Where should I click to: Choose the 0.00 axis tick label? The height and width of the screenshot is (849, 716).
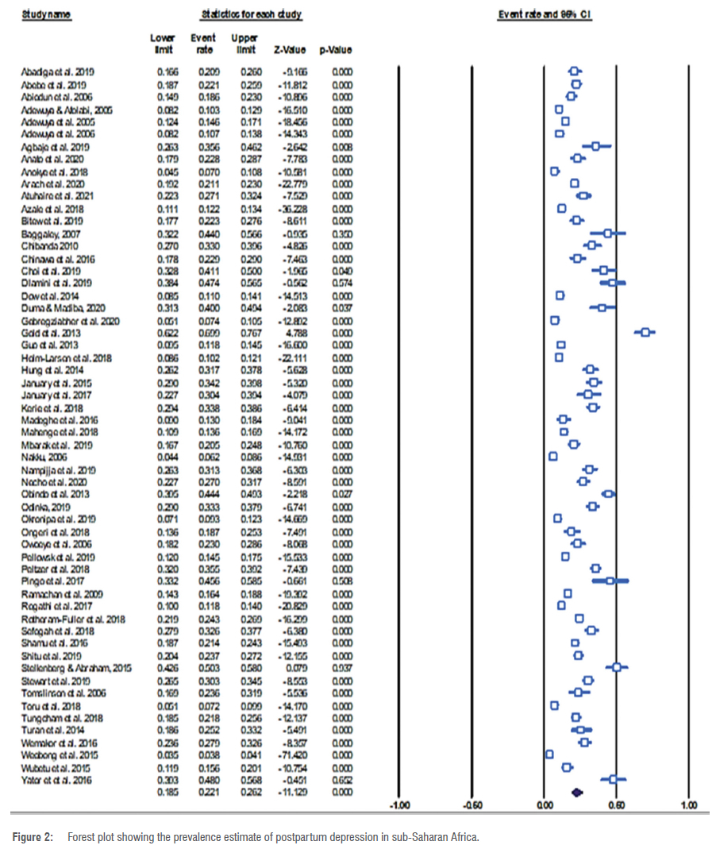click(545, 805)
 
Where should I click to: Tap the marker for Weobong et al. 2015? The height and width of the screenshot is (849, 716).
click(549, 754)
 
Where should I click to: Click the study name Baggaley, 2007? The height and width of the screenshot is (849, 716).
click(48, 233)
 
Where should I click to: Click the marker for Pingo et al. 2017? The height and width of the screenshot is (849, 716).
click(610, 581)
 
